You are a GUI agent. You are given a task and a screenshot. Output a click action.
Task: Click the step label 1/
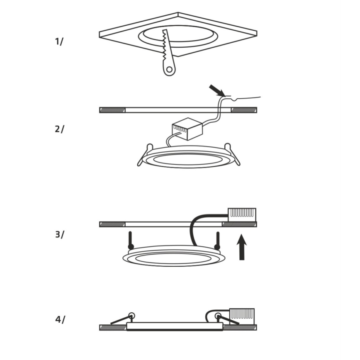click(x=59, y=41)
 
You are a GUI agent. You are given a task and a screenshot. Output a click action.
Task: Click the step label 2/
click(x=59, y=129)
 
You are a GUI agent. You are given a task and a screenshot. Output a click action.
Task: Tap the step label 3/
click(x=59, y=234)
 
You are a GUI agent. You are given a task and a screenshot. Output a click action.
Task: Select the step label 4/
click(x=60, y=319)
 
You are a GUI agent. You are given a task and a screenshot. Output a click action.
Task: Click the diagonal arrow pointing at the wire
click(x=217, y=90)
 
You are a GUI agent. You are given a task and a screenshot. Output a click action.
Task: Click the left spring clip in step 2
click(x=143, y=156)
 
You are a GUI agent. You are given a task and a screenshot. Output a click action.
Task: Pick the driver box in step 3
click(x=242, y=214)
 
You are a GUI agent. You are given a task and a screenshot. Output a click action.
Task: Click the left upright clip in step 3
click(x=130, y=241)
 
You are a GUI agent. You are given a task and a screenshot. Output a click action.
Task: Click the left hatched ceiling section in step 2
click(x=112, y=110)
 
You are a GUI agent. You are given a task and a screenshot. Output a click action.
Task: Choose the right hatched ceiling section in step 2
click(x=244, y=110)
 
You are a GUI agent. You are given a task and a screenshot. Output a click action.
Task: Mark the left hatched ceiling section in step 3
click(x=112, y=224)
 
